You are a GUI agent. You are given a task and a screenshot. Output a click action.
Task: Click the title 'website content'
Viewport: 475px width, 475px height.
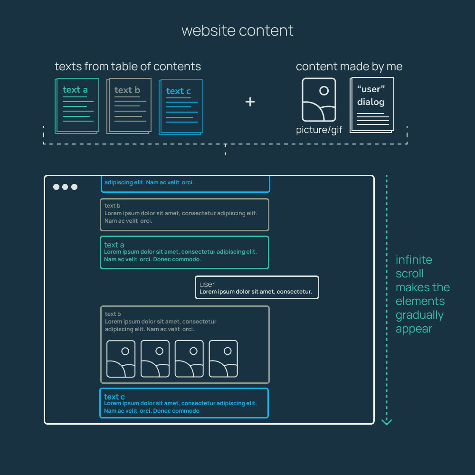(237, 31)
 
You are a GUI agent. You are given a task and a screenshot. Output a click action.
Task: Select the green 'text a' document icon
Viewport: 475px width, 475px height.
(77, 105)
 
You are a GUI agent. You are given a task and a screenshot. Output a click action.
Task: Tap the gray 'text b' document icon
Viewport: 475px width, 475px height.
(129, 106)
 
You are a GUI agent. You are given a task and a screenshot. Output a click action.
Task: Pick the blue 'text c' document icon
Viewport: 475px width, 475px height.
(181, 106)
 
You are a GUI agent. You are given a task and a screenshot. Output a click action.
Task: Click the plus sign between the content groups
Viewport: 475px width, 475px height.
(250, 102)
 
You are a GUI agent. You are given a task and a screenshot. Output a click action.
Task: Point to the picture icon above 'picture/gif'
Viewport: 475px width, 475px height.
(319, 100)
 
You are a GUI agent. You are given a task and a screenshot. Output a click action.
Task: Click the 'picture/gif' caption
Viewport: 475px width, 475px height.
(319, 130)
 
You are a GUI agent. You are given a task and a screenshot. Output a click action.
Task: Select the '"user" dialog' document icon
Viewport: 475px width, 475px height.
(372, 104)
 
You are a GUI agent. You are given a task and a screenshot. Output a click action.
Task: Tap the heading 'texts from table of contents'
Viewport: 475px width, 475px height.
(128, 66)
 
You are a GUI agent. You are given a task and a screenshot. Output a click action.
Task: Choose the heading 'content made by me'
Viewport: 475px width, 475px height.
(349, 66)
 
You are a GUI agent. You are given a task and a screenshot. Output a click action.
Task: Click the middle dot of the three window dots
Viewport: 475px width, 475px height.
(65, 187)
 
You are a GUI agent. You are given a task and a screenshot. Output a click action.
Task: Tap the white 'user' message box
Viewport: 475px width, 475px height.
(257, 287)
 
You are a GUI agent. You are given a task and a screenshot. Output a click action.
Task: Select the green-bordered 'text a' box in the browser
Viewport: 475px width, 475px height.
(184, 252)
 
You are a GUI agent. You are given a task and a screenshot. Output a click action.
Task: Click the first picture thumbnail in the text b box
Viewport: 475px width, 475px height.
(121, 359)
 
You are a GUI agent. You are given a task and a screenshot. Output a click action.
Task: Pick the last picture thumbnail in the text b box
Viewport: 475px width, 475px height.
(223, 359)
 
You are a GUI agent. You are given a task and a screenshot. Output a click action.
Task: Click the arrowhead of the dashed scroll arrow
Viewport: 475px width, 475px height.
(387, 421)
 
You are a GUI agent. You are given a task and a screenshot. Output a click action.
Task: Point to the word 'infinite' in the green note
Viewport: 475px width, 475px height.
(414, 260)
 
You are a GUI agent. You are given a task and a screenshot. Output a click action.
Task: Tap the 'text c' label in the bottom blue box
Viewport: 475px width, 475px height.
(114, 397)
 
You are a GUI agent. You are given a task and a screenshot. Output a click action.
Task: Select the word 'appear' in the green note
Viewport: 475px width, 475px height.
(414, 329)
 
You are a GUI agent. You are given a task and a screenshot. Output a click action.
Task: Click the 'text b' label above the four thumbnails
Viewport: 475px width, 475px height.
(113, 314)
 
